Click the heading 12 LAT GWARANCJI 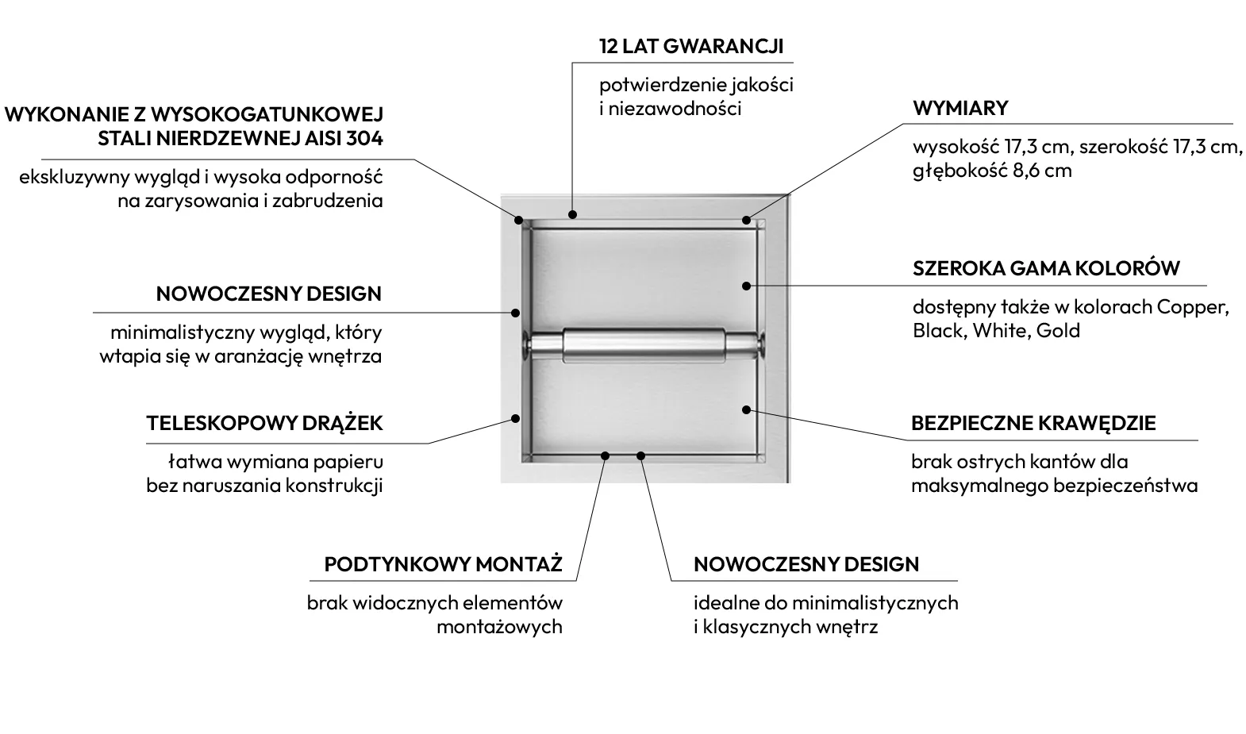[x=691, y=46]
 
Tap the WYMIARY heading [x=960, y=109]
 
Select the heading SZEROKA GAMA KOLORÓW [x=1046, y=268]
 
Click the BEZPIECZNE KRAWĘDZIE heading [x=1033, y=424]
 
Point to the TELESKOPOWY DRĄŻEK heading [x=265, y=424]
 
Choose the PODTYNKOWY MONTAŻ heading [x=444, y=564]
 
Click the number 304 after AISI [x=364, y=138]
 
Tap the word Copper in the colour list [x=1193, y=308]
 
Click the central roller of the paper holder [x=644, y=344]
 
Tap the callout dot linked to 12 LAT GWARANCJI [x=572, y=214]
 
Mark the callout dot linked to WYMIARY [x=746, y=221]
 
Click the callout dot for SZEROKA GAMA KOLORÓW [x=747, y=286]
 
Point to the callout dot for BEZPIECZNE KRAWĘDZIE [x=747, y=409]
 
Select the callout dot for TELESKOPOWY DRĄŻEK [x=516, y=418]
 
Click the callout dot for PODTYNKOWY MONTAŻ [x=606, y=456]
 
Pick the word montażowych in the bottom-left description [x=499, y=627]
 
